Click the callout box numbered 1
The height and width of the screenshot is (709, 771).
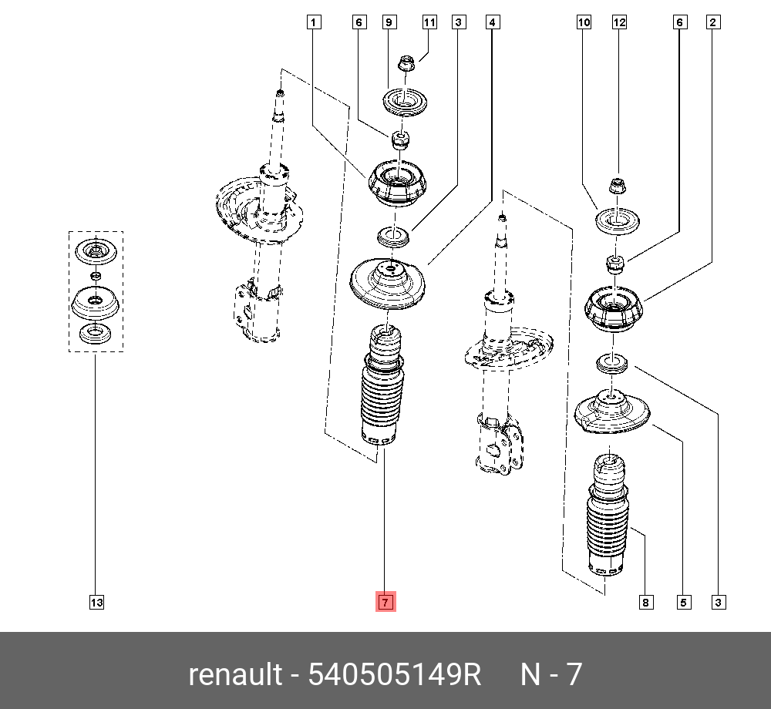coord(313,22)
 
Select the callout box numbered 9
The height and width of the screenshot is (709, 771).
coord(389,22)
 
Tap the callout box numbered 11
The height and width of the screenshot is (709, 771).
coord(429,22)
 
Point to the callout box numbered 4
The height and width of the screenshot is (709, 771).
coord(492,22)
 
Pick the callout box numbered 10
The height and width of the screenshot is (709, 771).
coord(584,22)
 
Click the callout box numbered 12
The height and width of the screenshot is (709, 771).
coord(619,22)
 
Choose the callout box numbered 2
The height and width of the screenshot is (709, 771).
coord(713,22)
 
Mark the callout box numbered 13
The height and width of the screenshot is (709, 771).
coord(96,602)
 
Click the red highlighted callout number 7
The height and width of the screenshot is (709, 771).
coord(385,602)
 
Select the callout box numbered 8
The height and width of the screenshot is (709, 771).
coord(645,602)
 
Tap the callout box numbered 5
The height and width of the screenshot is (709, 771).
coord(682,602)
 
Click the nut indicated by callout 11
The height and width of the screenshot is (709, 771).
coord(406,63)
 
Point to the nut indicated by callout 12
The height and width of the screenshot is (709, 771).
coord(618,186)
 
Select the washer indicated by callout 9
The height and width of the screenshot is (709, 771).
coord(406,103)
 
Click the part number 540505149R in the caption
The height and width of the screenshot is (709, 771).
coord(395,675)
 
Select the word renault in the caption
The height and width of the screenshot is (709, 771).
coord(234,675)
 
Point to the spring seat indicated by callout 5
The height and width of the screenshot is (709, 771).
coord(613,413)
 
